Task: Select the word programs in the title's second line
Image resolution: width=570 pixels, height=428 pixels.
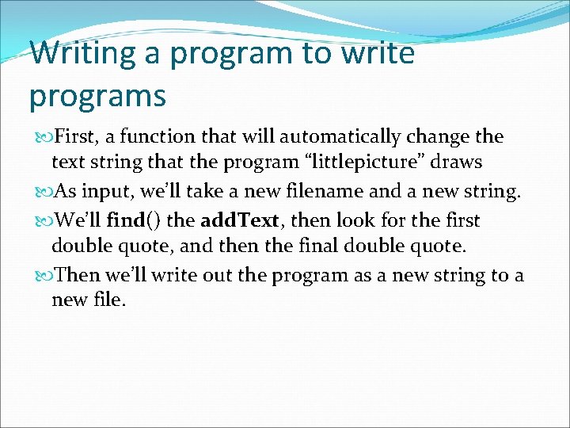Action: pos(97,96)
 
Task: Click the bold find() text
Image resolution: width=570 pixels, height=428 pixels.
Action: pos(135,220)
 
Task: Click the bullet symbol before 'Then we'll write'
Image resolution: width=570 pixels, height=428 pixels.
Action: pos(40,276)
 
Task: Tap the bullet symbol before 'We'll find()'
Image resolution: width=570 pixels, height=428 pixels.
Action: pos(40,220)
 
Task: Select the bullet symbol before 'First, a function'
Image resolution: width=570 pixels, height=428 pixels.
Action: pos(40,137)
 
